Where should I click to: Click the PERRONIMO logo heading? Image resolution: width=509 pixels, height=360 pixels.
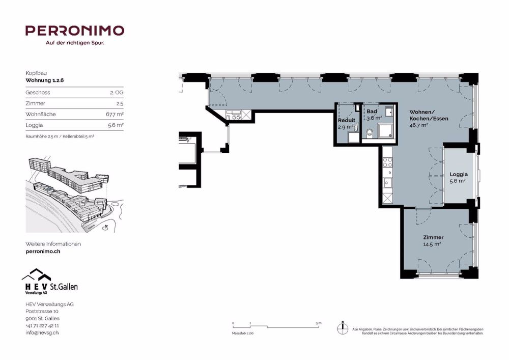(74, 31)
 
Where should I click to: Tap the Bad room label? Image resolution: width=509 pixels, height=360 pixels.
(372, 111)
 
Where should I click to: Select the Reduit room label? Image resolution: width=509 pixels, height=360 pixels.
(347, 120)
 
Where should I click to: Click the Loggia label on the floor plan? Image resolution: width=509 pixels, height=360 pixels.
(459, 174)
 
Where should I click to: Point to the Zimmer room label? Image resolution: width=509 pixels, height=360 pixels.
(433, 237)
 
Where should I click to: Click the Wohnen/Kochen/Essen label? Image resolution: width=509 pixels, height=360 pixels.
(422, 115)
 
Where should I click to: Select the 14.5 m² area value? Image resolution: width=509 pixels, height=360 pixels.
(432, 244)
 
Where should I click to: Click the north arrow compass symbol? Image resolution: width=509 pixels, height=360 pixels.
(343, 328)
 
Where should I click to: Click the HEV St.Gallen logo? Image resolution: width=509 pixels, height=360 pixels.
(49, 282)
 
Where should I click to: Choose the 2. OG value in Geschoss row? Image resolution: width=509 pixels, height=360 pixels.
(116, 93)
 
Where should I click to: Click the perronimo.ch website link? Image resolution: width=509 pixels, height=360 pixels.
(43, 252)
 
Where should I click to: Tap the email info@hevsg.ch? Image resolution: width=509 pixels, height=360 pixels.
(42, 333)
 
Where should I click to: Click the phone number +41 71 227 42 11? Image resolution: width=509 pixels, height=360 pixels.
(42, 325)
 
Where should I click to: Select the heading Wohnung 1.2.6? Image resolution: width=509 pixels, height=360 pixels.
(45, 80)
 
